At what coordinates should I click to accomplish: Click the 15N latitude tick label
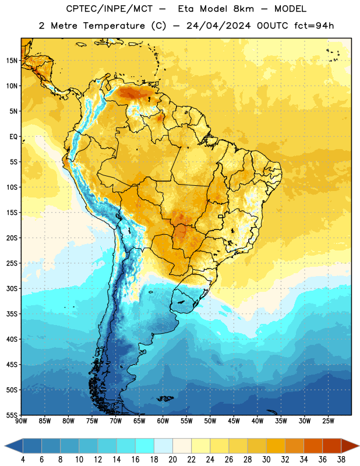click(x=12, y=61)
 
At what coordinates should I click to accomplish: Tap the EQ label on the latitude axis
click(x=13, y=137)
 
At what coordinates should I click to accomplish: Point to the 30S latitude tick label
click(x=12, y=288)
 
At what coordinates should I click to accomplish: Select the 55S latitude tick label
click(x=12, y=415)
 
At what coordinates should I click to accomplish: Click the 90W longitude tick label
click(x=21, y=421)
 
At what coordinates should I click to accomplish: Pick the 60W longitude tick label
click(x=163, y=421)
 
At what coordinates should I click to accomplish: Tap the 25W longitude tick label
click(x=328, y=421)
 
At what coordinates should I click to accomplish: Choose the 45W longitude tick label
click(x=234, y=421)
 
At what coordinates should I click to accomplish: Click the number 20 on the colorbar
click(x=172, y=460)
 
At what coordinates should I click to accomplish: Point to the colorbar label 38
click(x=341, y=460)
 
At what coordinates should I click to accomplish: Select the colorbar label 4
click(x=23, y=460)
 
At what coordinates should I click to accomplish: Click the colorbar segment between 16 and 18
click(x=145, y=446)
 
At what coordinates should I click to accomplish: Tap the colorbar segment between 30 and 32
click(x=276, y=446)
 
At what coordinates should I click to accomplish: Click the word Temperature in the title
click(x=114, y=26)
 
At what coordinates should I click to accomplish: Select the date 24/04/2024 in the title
click(x=218, y=26)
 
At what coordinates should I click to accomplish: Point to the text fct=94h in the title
click(x=314, y=26)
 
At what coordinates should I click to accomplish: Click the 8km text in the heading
click(x=243, y=9)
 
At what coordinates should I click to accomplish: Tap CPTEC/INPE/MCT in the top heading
click(x=110, y=9)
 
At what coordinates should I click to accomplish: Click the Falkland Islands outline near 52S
click(x=165, y=398)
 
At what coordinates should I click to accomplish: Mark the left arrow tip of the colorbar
click(x=5, y=446)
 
